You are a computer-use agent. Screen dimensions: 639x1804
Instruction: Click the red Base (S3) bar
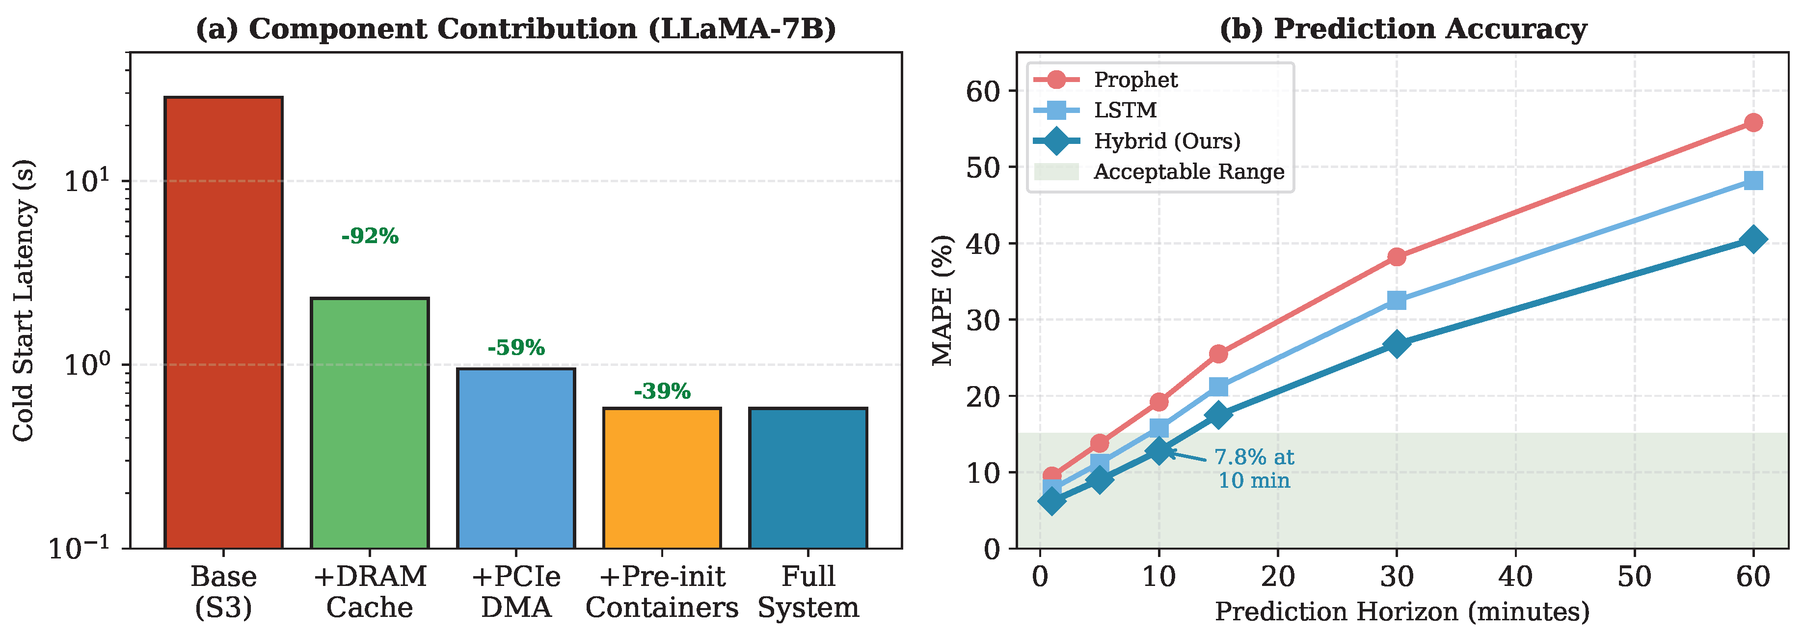[223, 322]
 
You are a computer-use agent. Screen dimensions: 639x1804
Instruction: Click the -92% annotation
[370, 236]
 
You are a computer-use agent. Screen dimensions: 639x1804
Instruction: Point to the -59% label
[516, 348]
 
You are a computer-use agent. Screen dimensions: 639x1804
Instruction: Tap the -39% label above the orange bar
[662, 391]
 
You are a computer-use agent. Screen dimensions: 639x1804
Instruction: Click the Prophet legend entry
[1134, 80]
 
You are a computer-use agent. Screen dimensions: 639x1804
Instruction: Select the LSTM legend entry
[1125, 110]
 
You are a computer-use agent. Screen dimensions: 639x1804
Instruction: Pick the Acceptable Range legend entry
[1188, 172]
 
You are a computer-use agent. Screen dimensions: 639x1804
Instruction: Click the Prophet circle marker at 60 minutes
[1753, 123]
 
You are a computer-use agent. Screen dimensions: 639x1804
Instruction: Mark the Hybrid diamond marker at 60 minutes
[1753, 240]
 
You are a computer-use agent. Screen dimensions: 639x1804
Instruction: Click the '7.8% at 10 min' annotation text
[1254, 469]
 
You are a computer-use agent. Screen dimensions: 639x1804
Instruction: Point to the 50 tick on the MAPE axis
[983, 167]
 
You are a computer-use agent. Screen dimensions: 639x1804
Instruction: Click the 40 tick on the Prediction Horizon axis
[1515, 577]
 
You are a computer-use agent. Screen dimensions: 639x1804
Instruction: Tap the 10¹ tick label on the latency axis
[87, 181]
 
